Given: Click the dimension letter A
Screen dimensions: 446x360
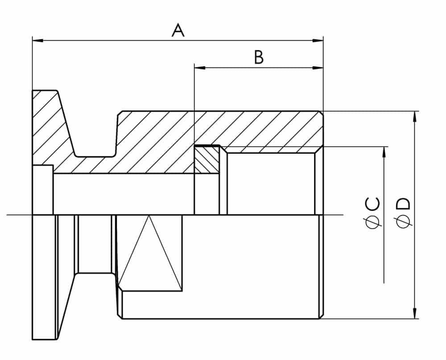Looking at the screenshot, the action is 178,30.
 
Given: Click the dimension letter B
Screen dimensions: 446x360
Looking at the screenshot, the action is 259,57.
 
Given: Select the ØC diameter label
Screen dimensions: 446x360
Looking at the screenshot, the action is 372,213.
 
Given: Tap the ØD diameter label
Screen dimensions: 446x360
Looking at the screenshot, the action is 403,213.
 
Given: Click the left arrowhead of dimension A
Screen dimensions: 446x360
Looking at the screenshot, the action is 38,41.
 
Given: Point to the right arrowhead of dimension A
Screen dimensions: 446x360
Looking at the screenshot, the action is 318,41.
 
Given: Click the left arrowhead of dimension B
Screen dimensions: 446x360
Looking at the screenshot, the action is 200,68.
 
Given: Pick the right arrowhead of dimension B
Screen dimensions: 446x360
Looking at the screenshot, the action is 318,68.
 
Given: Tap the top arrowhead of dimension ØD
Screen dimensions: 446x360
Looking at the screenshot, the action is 415,117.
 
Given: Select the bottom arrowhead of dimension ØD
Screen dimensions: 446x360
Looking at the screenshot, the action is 415,313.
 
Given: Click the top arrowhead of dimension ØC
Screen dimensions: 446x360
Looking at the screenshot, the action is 384,152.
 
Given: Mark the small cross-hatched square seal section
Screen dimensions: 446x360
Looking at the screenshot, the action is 207,159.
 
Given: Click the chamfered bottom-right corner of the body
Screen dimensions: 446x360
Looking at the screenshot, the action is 321,316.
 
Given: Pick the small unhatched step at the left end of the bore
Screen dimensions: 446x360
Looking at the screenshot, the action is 43,190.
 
